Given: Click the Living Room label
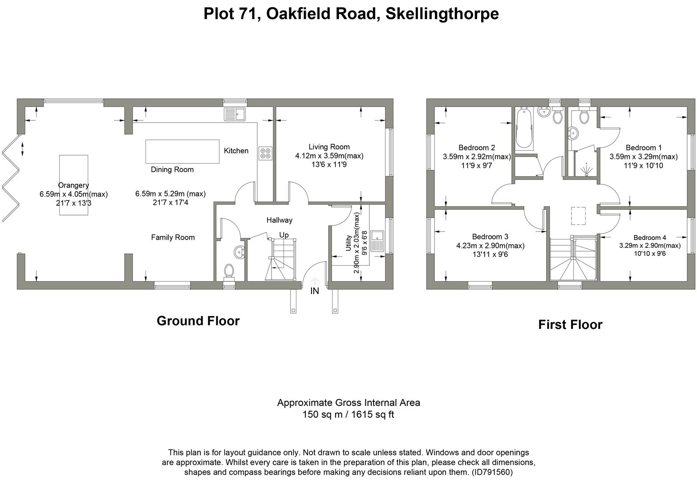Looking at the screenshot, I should [329, 147].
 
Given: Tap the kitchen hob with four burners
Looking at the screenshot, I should [265, 153].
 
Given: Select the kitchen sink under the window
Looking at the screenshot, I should [235, 114].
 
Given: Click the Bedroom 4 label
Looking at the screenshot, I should [650, 237].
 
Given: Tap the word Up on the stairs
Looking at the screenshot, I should [284, 235].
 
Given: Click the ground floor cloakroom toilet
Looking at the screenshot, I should [229, 271].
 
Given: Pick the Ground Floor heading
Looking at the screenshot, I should [198, 321].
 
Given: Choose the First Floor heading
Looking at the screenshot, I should [570, 324].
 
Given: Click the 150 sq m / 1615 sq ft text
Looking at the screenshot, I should [348, 415].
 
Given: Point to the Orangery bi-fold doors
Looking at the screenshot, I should [11, 178].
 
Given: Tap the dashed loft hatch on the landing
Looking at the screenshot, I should [579, 216].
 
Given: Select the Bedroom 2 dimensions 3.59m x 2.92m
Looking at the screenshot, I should [477, 156].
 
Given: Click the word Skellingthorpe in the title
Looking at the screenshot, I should [442, 14].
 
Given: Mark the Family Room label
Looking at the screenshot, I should [173, 237].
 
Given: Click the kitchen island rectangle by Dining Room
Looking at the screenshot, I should [182, 152].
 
